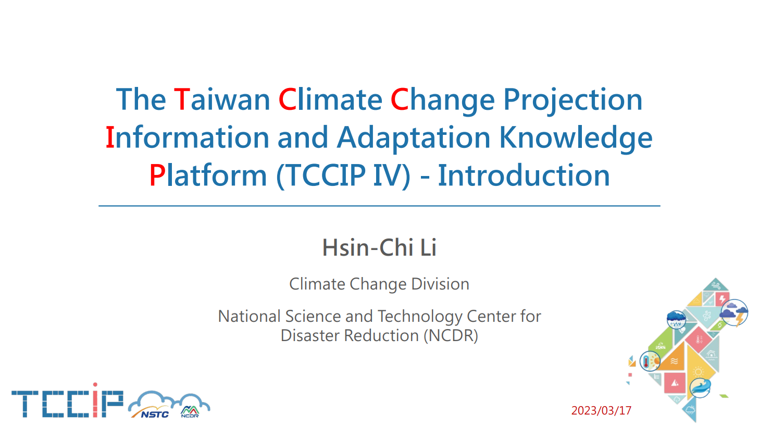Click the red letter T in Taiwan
(x=182, y=99)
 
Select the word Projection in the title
(x=573, y=100)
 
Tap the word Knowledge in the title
(x=576, y=138)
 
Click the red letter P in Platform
(x=157, y=175)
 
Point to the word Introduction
(x=524, y=175)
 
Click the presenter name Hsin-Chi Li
(x=379, y=247)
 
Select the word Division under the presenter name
(x=440, y=284)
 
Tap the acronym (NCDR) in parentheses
(x=451, y=335)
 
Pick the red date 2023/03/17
(x=601, y=410)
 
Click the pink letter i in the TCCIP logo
(x=95, y=400)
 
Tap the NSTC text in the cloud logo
(x=155, y=414)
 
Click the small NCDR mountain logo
(x=190, y=411)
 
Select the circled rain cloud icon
(x=676, y=320)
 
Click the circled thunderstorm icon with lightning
(x=734, y=312)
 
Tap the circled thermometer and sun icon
(x=650, y=361)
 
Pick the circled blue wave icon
(x=700, y=388)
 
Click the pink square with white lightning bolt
(x=721, y=299)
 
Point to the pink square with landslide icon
(x=675, y=383)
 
